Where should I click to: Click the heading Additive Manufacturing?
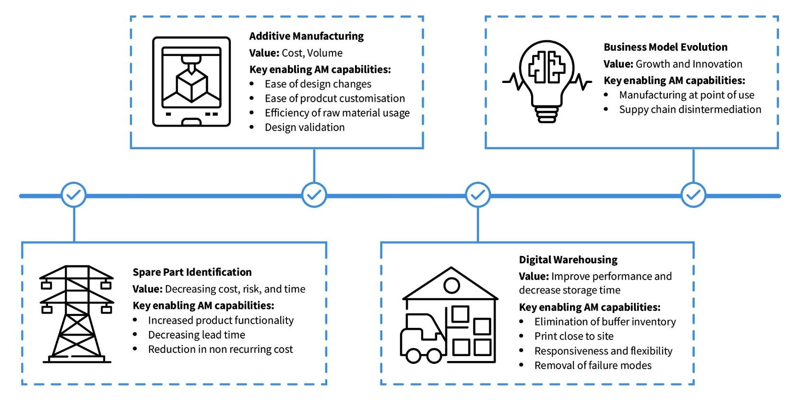coord(306,36)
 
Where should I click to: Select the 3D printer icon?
coord(191,82)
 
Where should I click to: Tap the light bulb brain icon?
coord(547,81)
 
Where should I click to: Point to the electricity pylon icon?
coord(76,314)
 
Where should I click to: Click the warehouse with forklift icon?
coord(449,315)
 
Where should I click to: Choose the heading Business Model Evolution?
coord(665,47)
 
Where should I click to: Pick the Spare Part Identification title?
coord(192,272)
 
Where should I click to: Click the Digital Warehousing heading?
coord(568,260)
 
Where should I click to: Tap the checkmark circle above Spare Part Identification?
coord(74,195)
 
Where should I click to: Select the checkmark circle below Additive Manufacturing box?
coord(314,195)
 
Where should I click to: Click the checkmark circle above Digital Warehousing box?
coord(478,195)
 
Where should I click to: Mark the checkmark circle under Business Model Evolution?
coord(693,195)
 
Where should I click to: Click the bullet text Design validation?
coord(305,128)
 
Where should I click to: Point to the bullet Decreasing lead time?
coord(196,335)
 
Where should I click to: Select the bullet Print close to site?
coord(574,336)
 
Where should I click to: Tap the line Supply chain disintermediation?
coord(690,109)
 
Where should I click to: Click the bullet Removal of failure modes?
coord(593,365)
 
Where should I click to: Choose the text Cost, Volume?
coord(312,53)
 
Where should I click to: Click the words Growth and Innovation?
coord(688,64)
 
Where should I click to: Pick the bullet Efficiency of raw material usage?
coord(337,113)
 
